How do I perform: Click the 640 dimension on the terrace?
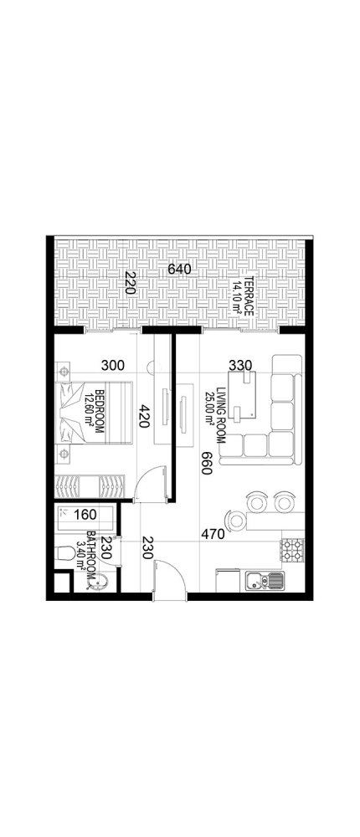(180, 270)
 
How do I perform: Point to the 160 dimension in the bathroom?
(87, 515)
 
